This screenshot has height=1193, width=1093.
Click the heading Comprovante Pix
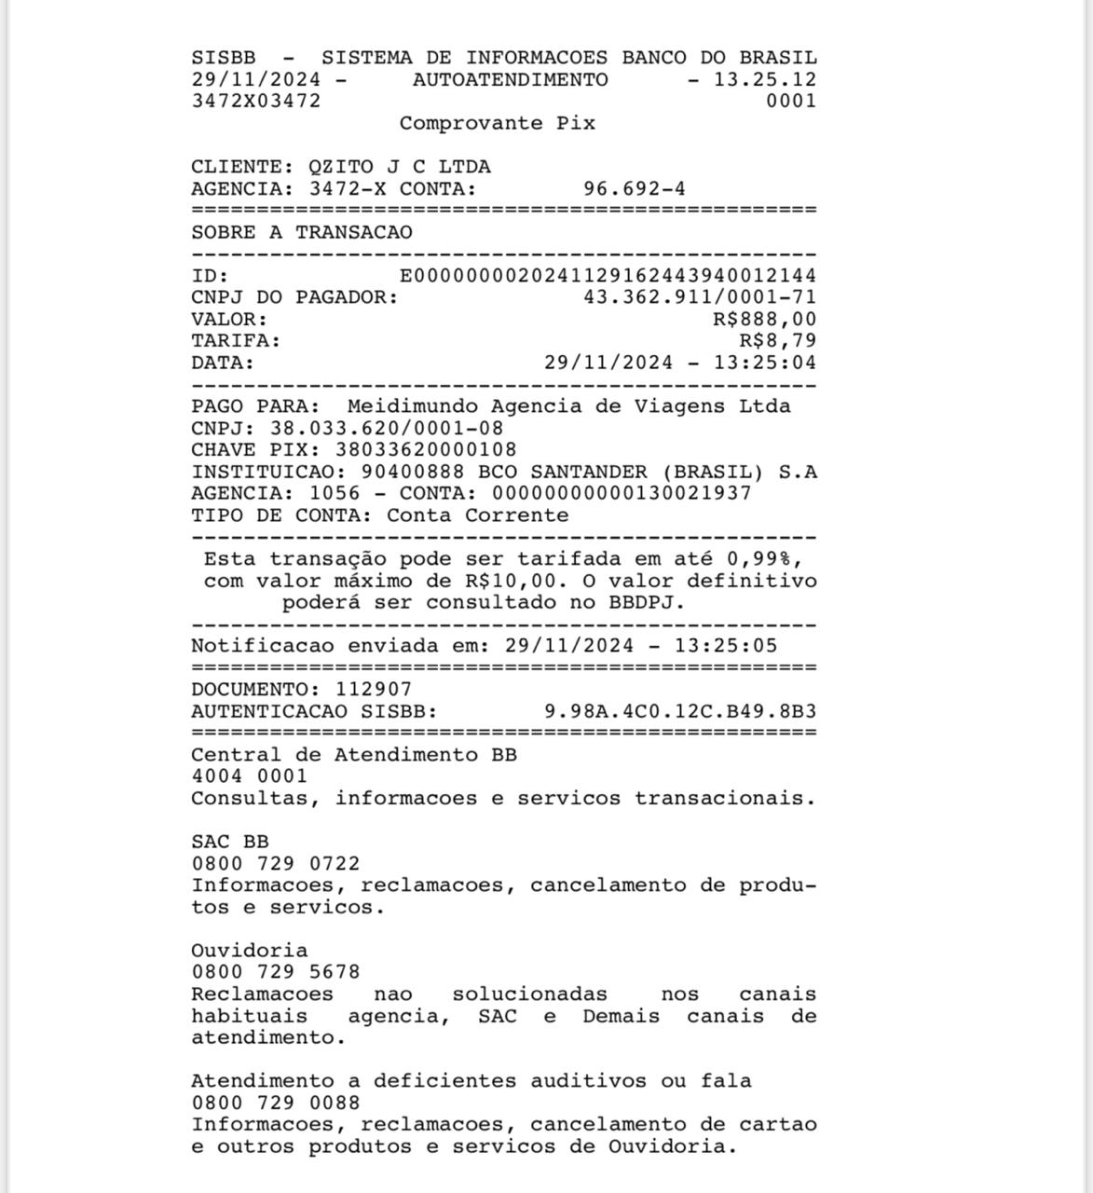pos(497,123)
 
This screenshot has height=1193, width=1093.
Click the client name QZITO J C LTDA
pos(399,167)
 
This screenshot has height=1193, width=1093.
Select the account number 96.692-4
pos(634,189)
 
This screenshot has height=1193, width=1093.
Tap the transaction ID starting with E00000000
pos(608,276)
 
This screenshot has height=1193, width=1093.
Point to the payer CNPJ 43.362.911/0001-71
pos(699,297)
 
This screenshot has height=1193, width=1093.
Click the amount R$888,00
pos(764,320)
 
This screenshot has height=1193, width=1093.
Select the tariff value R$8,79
pos(777,341)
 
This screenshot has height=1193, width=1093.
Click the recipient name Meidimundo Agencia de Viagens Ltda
pos(568,406)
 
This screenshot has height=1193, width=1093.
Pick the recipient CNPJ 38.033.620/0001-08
pos(386,429)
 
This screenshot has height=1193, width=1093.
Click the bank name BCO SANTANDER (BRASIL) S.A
pos(647,473)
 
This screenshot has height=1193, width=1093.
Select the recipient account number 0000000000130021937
pos(621,494)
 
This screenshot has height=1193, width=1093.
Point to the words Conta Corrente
pos(477,515)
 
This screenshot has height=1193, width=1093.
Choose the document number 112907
pos(373,690)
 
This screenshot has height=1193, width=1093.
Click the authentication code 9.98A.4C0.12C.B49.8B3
pos(679,712)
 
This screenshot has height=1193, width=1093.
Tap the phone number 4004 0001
pos(249,776)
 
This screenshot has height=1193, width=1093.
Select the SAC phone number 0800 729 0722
pos(275,864)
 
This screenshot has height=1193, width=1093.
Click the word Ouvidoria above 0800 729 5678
pos(249,951)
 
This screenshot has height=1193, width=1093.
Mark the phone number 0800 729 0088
pos(275,1104)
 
